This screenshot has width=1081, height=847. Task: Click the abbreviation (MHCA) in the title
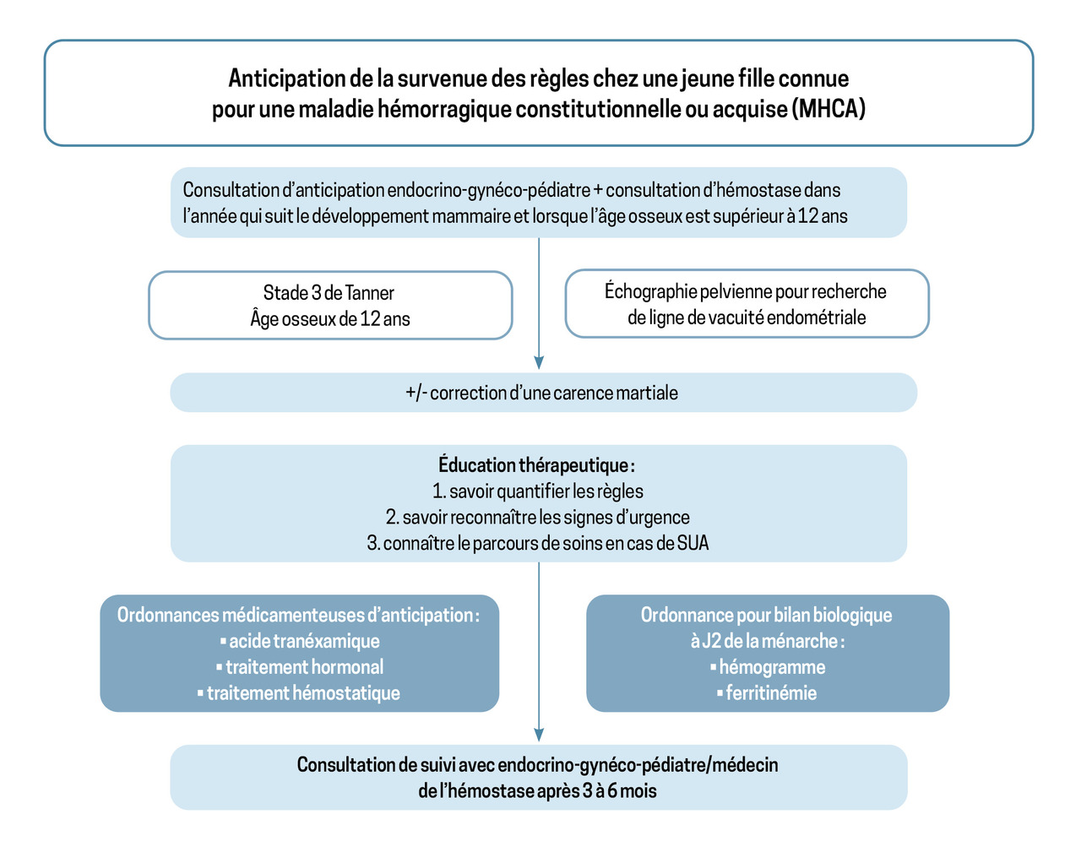tap(828, 109)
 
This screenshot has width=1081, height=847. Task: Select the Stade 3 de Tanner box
tap(330, 305)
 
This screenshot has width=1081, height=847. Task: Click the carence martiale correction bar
tap(543, 393)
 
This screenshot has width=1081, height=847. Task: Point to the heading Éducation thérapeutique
tap(535, 465)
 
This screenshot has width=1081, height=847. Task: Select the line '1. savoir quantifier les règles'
tap(538, 491)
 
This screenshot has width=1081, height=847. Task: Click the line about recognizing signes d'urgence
tap(538, 518)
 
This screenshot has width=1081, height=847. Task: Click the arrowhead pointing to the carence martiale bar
tap(539, 362)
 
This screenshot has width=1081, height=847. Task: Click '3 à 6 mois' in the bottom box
tap(619, 791)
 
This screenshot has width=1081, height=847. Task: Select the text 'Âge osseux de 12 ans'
tap(330, 319)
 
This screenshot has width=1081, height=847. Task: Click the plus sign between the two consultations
tap(598, 191)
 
